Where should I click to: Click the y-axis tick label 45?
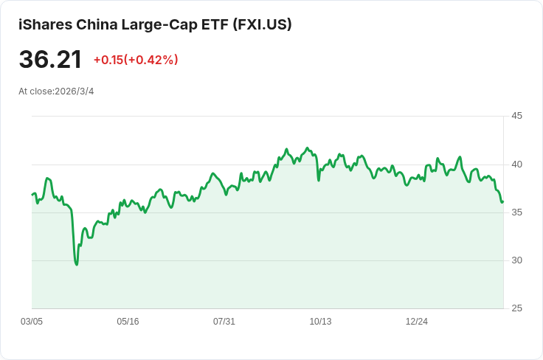coord(516,116)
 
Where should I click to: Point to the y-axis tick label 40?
coord(516,164)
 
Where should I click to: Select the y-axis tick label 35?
coord(516,212)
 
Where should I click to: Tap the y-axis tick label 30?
coord(516,260)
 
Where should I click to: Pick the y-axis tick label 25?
coord(516,308)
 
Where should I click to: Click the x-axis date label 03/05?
coord(32,322)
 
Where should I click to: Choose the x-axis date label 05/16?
coord(128,322)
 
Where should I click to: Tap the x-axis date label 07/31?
coord(224,322)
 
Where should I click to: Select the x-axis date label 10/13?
coord(320,322)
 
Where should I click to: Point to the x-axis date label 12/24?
coord(417,322)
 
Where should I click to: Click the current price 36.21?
coord(50,60)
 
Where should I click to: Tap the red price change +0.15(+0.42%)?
coord(136,60)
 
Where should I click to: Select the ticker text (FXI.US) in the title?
coord(262,24)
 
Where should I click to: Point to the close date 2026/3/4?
coord(75,91)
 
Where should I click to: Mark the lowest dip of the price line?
coord(77,264)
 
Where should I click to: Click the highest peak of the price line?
coord(307,148)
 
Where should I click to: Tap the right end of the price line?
coord(502,201)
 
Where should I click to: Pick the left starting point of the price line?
coord(32,194)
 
